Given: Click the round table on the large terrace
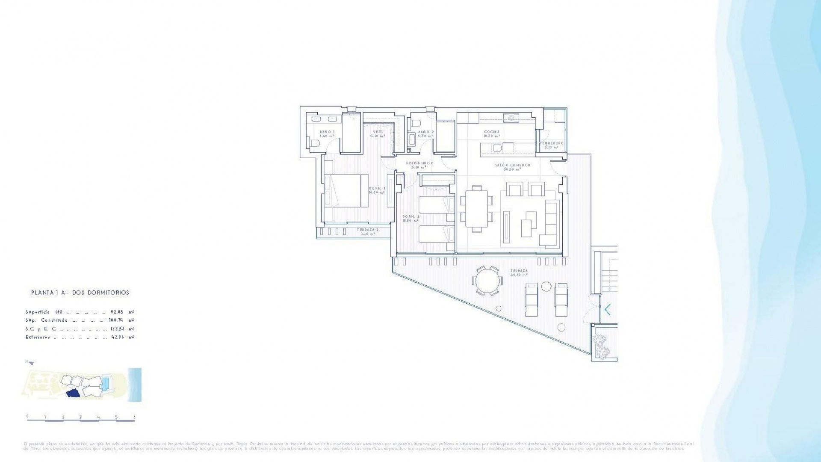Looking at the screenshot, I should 487,281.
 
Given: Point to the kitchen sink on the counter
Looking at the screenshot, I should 511,117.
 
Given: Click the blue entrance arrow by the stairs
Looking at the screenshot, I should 607,309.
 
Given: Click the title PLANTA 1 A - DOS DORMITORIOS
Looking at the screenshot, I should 80,293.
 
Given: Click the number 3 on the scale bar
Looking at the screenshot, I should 80,417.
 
